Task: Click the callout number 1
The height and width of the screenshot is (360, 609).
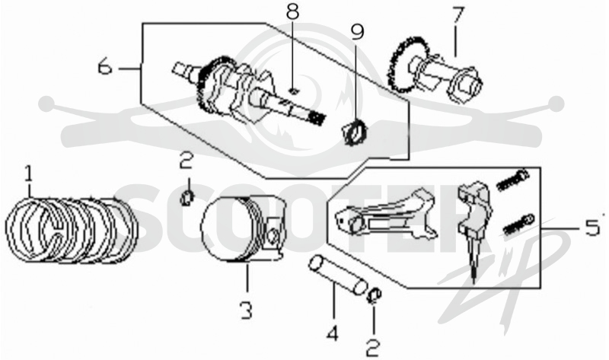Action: [28, 174]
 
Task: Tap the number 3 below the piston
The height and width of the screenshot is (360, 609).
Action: [246, 310]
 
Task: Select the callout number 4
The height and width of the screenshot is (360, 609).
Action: [333, 333]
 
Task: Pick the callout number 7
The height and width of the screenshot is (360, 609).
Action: [458, 16]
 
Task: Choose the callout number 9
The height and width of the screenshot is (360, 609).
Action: [357, 32]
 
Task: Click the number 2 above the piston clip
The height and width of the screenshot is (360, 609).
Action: [187, 160]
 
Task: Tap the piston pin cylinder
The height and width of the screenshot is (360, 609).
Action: [337, 276]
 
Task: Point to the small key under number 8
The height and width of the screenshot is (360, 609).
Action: [294, 91]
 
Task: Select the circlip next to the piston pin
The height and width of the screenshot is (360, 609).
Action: [375, 296]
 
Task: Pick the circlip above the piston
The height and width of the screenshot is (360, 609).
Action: [187, 198]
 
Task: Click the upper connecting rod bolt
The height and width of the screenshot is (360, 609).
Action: [512, 180]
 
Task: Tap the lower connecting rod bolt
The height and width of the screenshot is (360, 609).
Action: [518, 224]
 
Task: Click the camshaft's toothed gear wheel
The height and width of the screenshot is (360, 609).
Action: [401, 65]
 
